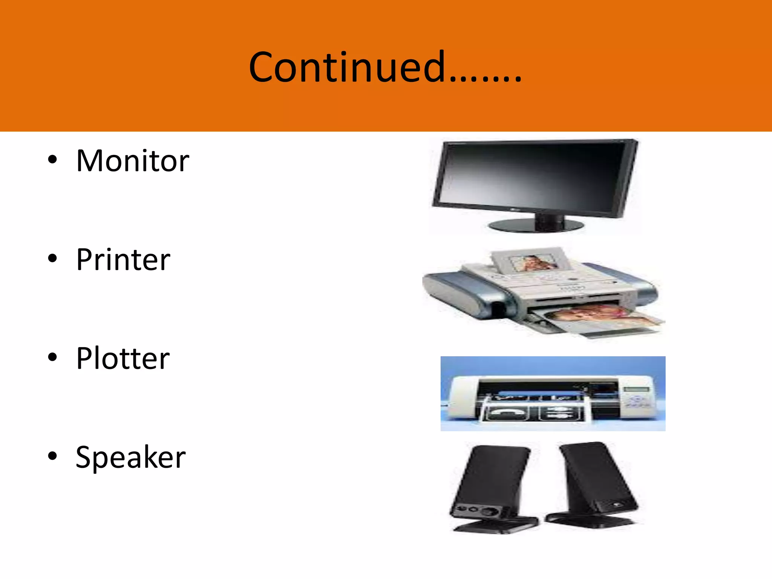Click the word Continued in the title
[347, 67]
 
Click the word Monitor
[132, 161]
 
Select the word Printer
[123, 260]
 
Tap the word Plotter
[123, 358]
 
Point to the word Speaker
[130, 457]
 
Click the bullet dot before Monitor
[52, 160]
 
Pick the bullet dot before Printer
[52, 259]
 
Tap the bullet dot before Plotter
[52, 357]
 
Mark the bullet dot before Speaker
[52, 456]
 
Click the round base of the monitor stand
[535, 226]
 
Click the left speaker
[490, 486]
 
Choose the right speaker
[596, 482]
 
